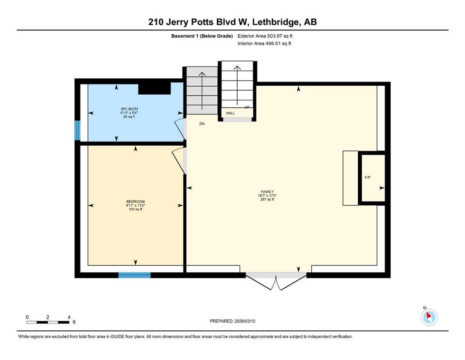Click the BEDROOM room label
point(135,202)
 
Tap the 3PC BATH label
point(129,109)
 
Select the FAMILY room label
point(267,192)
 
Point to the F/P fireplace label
point(368,178)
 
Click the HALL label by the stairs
point(230,113)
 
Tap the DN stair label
point(202,124)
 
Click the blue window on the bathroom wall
point(77,130)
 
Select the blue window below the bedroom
point(135,275)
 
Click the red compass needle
point(429,315)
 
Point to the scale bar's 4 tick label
point(69,317)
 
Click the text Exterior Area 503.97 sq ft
point(265,36)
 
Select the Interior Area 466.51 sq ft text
point(264,43)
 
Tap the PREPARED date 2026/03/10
point(245,321)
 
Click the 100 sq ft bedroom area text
point(135,209)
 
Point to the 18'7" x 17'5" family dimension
point(267,195)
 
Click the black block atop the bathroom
point(155,89)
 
